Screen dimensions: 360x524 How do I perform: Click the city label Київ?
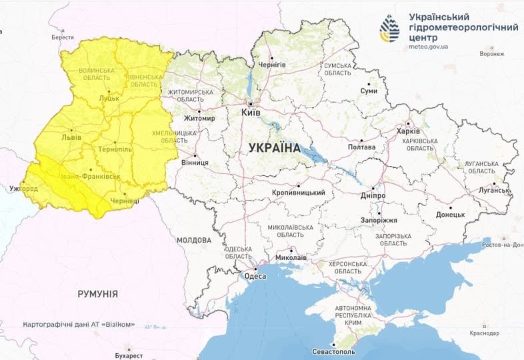click(251, 114)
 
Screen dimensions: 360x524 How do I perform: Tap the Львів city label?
click(71, 137)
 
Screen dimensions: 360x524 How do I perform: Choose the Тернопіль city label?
click(115, 150)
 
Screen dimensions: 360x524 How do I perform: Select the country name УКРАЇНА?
click(274, 148)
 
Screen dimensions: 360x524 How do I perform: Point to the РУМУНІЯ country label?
click(97, 293)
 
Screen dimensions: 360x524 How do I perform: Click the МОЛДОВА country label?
click(195, 239)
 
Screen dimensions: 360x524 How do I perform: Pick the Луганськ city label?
click(493, 190)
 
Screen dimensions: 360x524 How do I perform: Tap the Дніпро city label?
click(373, 196)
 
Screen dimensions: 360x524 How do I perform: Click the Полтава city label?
click(364, 147)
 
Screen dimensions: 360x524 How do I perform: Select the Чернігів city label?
click(272, 64)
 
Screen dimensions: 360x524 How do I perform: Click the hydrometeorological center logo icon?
click(389, 29)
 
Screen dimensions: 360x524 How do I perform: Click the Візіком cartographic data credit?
click(79, 325)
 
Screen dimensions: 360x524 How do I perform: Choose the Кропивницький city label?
click(298, 193)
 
